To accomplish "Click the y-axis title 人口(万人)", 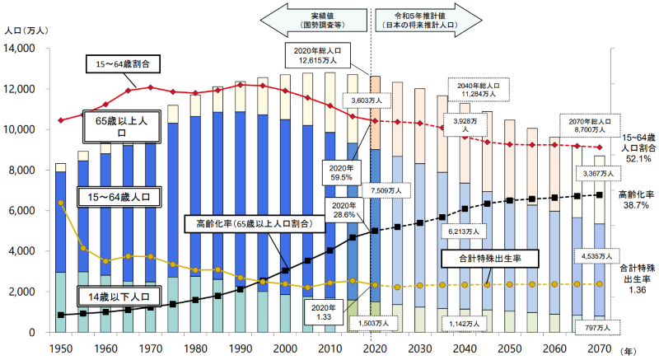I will click(25, 30).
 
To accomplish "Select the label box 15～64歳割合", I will click(124, 63).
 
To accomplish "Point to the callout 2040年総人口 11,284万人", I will click(478, 89).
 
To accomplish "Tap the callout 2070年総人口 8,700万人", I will click(589, 124).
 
